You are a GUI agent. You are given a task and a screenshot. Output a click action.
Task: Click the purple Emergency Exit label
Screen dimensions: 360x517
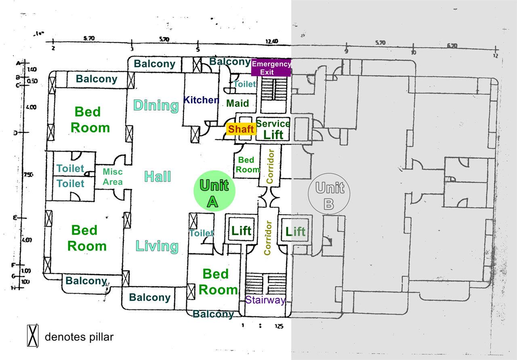tap(271, 68)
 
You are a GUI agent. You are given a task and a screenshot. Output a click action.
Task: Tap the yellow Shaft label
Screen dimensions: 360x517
tap(241, 129)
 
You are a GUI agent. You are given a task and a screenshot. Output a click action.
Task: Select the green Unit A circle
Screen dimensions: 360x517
tap(214, 190)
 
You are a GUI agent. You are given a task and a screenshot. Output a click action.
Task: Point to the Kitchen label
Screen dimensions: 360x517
tap(201, 100)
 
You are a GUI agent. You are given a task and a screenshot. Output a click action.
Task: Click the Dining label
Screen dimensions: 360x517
tap(156, 106)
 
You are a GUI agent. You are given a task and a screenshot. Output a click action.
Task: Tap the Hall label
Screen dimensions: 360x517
tap(158, 176)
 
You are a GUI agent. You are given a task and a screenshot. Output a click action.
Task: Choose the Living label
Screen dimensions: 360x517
tap(157, 246)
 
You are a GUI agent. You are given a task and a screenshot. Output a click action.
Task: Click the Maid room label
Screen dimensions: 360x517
tap(237, 103)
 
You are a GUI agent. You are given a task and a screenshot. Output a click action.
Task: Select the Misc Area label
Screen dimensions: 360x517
tap(113, 177)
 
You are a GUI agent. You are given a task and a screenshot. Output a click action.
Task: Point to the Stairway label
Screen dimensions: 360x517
tap(265, 300)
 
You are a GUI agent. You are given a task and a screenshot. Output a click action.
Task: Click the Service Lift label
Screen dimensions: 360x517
tap(273, 129)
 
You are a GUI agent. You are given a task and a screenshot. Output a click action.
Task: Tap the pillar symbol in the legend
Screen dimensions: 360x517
tap(32, 336)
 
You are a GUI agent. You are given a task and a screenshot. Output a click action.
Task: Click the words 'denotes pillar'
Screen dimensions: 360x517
tap(79, 337)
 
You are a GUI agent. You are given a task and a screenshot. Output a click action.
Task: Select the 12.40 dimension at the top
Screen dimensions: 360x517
tap(272, 41)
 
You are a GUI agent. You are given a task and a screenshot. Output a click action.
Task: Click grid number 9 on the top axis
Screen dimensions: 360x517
tap(346, 51)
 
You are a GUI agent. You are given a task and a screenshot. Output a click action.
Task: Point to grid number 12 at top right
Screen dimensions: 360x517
tap(495, 56)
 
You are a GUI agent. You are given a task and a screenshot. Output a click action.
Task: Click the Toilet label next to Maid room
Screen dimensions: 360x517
tap(245, 84)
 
